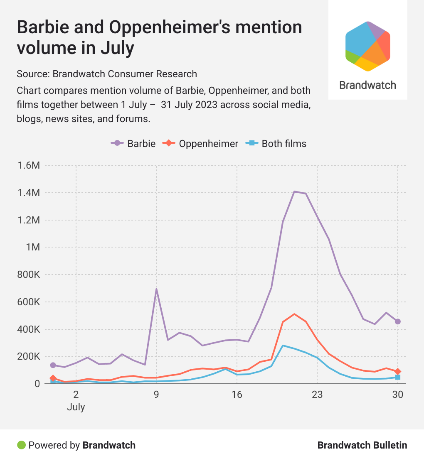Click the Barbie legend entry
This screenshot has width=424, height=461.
(133, 144)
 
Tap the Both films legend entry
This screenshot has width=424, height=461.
(277, 144)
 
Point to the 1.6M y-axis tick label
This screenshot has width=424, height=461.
(29, 166)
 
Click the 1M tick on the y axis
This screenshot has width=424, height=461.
(33, 248)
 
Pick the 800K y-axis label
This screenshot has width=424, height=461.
(29, 275)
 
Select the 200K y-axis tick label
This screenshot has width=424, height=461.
(29, 356)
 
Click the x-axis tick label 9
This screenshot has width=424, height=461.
(156, 395)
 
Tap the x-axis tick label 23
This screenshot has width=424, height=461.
(317, 395)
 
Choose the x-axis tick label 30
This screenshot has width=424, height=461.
(398, 395)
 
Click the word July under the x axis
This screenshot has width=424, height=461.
(76, 407)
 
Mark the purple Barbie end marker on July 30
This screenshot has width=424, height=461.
(398, 321)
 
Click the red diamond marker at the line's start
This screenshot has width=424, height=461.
(53, 378)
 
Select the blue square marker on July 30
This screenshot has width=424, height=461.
(398, 377)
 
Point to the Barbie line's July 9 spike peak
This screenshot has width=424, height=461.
(156, 289)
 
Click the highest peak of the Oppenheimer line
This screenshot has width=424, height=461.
(294, 314)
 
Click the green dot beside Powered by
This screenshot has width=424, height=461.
(21, 445)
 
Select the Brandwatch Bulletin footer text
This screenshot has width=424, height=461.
(362, 445)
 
